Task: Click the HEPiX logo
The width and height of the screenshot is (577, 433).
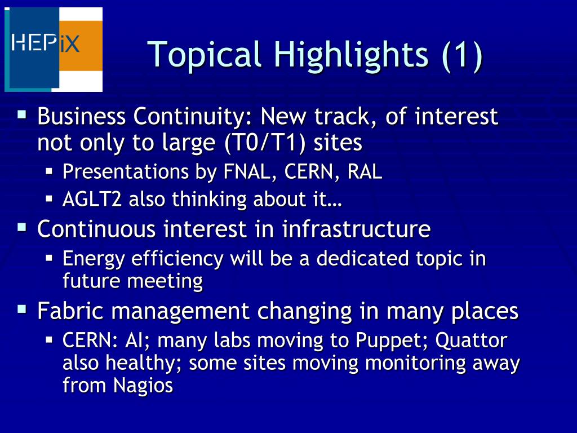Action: coord(54,50)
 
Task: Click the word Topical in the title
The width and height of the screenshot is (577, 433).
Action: coord(204,55)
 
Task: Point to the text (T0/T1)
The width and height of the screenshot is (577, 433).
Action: coord(265,143)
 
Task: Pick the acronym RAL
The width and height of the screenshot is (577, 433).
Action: coord(365,171)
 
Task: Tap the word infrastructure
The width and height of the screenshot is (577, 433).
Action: coord(356,229)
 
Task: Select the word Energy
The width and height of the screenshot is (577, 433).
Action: coord(94,259)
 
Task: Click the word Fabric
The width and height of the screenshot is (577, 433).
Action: coord(70,311)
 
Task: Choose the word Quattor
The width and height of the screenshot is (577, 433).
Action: coord(472,340)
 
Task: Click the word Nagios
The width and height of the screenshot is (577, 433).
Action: coord(143,386)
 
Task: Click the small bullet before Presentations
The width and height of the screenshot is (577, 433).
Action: coord(50,171)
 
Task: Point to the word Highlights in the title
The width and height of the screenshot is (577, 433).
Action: coord(351,55)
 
